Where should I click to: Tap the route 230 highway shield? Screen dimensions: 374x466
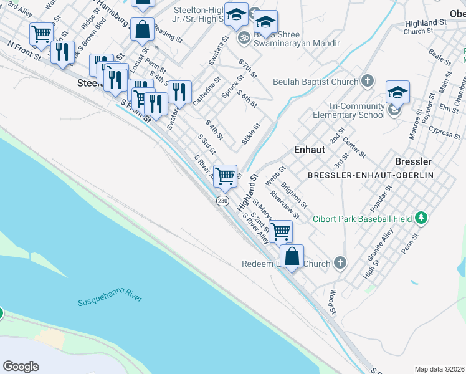222,201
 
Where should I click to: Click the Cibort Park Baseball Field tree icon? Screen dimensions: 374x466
422,218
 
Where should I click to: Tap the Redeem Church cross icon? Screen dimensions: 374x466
340,263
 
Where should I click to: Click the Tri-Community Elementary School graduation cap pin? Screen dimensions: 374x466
397,93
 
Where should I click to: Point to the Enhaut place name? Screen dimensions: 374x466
309,150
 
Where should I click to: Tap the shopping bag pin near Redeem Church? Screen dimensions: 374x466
292,256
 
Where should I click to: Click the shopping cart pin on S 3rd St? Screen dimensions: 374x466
225,175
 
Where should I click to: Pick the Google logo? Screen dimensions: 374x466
21,367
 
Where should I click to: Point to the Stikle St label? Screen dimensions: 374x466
250,133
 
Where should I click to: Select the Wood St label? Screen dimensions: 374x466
333,301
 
